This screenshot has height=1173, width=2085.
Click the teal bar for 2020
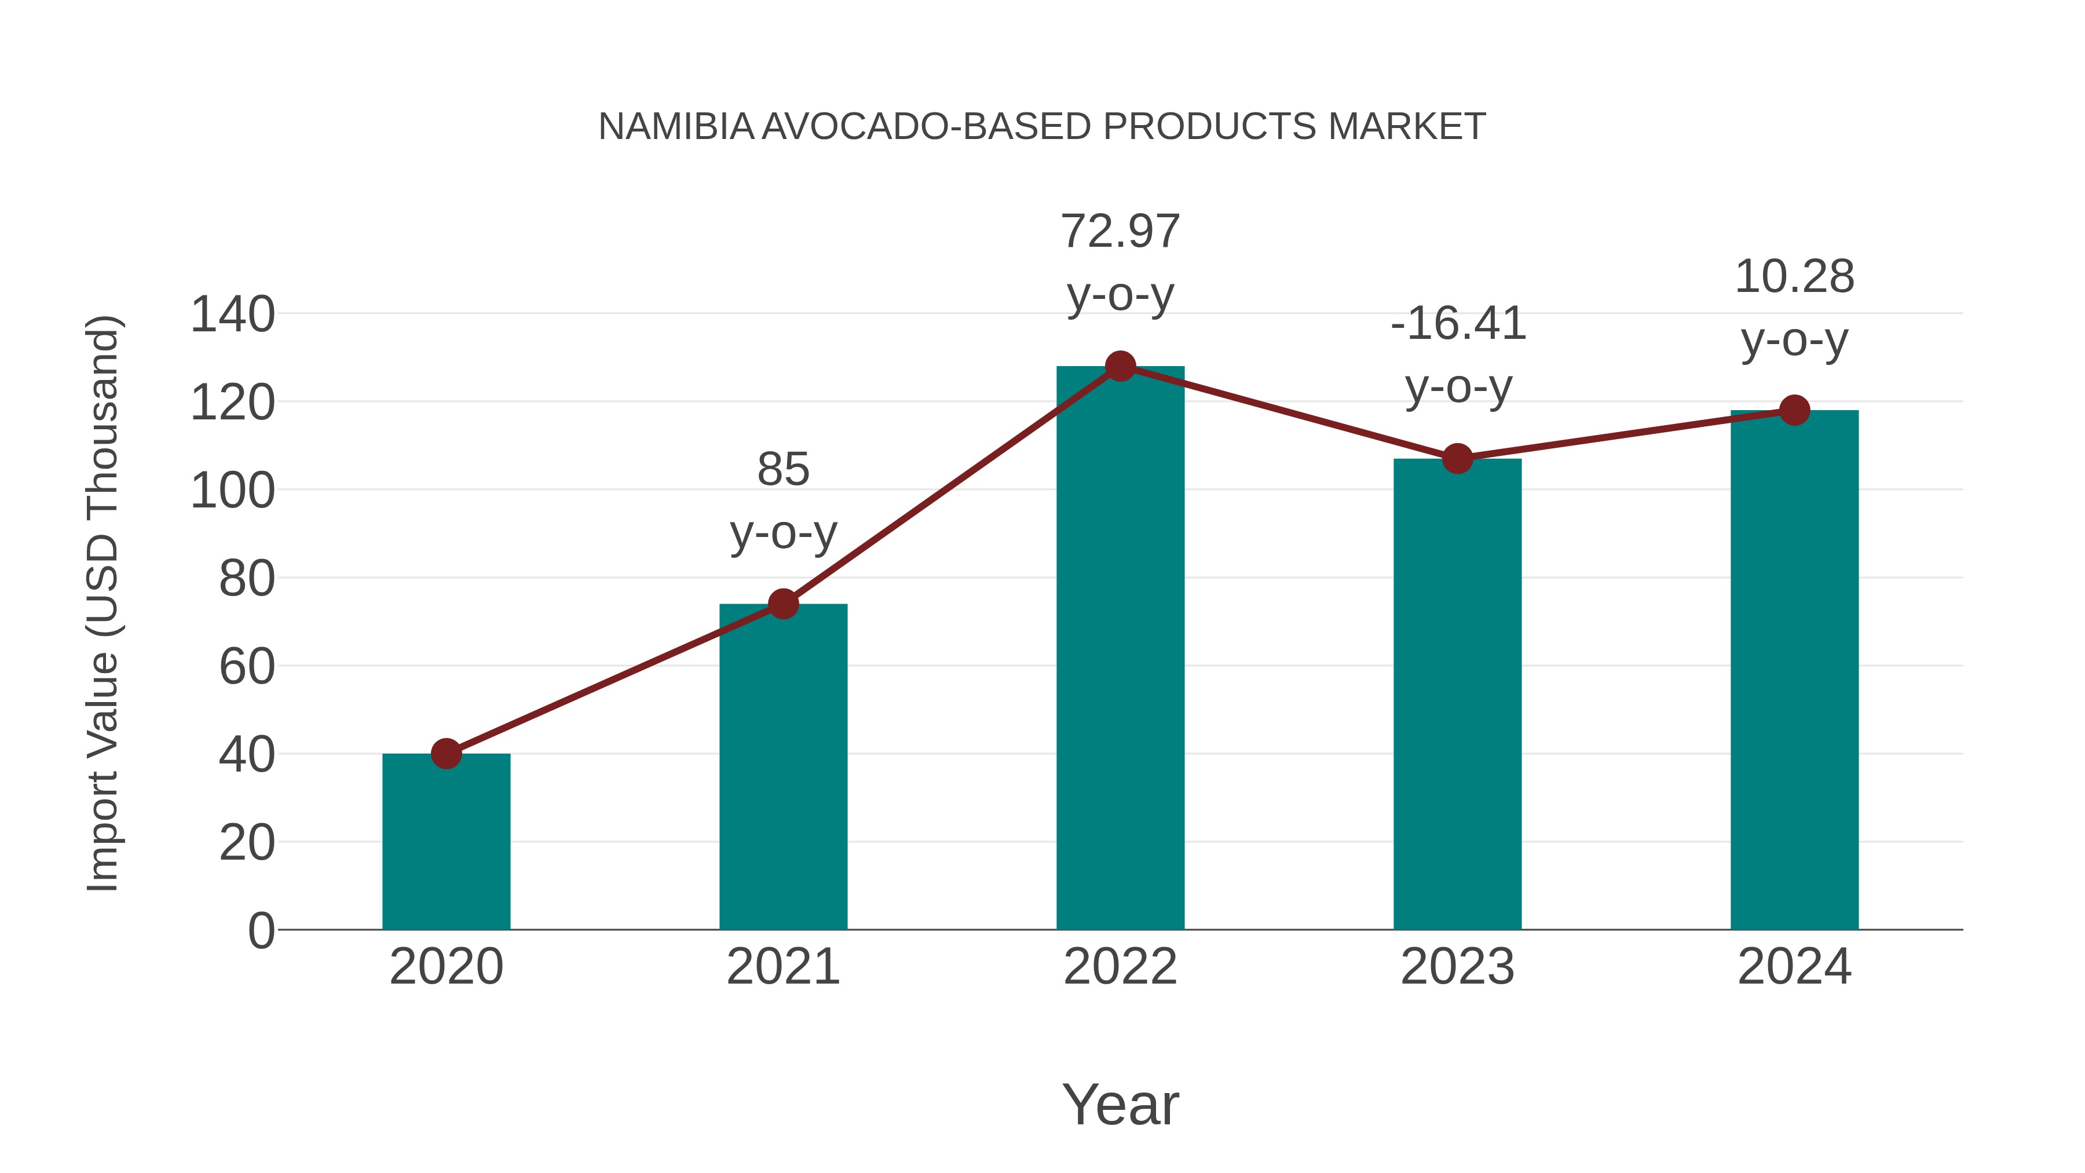(446, 842)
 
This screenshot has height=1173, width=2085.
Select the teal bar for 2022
(1120, 648)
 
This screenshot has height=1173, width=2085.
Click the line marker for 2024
(1794, 411)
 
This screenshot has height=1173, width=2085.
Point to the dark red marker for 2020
(446, 754)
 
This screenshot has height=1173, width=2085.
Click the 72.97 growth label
(1120, 232)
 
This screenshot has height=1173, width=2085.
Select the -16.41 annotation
(1458, 324)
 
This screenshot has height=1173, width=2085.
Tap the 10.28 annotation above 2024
(1794, 277)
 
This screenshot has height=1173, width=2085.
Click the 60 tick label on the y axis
(247, 667)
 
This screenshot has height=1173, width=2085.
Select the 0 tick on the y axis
(261, 931)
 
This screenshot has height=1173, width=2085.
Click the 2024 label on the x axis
(1794, 967)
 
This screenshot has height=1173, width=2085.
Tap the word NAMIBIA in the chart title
(676, 126)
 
